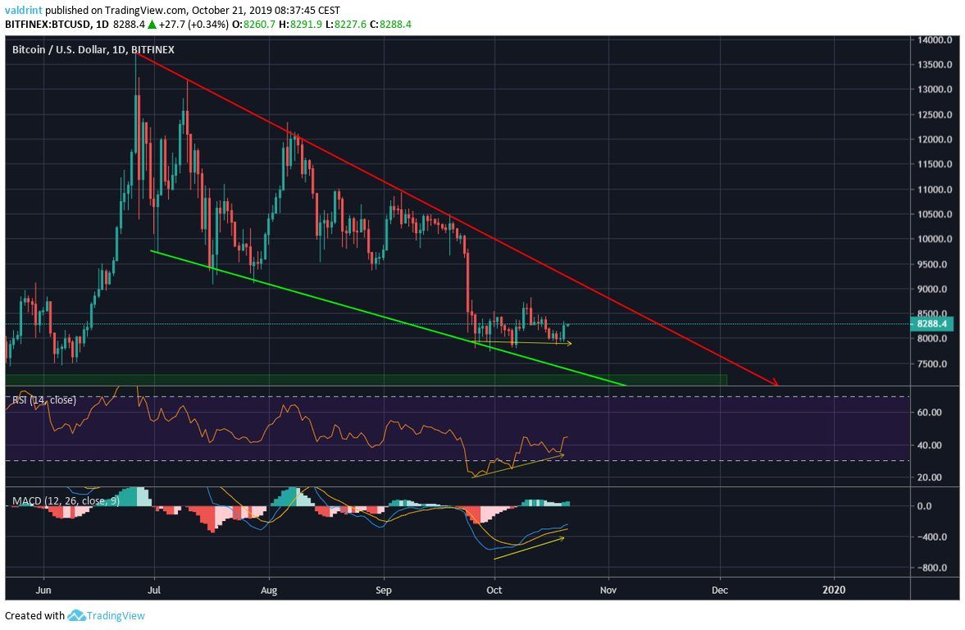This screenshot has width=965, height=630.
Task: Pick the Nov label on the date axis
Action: [x=608, y=589]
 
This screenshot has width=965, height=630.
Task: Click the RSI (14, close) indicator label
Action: [x=43, y=400]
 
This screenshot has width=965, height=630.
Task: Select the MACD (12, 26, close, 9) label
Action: [x=65, y=500]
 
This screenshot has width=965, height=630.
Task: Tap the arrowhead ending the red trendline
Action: [x=775, y=383]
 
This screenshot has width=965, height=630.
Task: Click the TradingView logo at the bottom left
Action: [x=106, y=615]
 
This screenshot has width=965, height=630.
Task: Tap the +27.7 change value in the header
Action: [x=170, y=25]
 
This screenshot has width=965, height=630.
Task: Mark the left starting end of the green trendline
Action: [x=151, y=250]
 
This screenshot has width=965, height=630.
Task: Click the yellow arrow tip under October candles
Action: [x=571, y=343]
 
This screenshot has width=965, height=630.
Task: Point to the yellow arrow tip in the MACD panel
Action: [x=564, y=538]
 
